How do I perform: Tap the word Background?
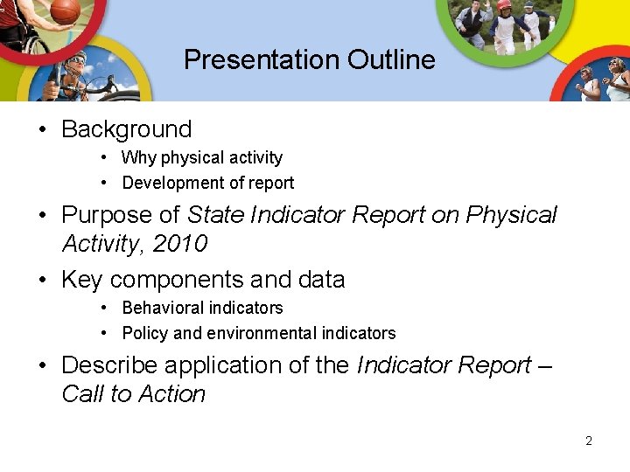pyautogui.click(x=126, y=129)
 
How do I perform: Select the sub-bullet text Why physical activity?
pyautogui.click(x=202, y=158)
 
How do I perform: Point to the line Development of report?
pyautogui.click(x=208, y=184)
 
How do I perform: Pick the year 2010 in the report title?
pyautogui.click(x=179, y=244)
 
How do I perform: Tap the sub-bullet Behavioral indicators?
pyautogui.click(x=202, y=309)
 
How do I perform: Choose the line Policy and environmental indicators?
pyautogui.click(x=259, y=334)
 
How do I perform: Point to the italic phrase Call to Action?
pyautogui.click(x=133, y=394)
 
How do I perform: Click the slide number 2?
pyautogui.click(x=589, y=441)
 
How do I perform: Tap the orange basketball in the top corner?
pyautogui.click(x=65, y=10)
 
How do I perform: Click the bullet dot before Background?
pyautogui.click(x=42, y=130)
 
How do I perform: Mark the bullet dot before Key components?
pyautogui.click(x=42, y=281)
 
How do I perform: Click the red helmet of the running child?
pyautogui.click(x=503, y=4)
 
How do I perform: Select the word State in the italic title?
pyautogui.click(x=216, y=215)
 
